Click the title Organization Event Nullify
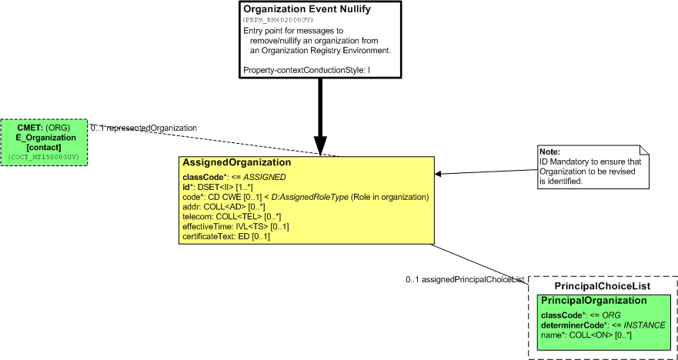click(x=307, y=9)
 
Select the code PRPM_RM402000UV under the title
click(x=278, y=20)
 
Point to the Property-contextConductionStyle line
click(x=307, y=69)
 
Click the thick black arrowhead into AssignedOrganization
click(x=320, y=146)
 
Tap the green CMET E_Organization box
click(x=44, y=142)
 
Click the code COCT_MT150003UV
click(x=44, y=158)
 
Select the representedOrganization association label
click(x=144, y=128)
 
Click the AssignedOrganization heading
click(x=236, y=162)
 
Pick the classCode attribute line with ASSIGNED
click(x=235, y=177)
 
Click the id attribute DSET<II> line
click(x=218, y=187)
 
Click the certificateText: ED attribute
click(x=226, y=237)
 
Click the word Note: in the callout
click(x=549, y=152)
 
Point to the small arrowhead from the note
click(x=438, y=173)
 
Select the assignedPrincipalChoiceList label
click(x=465, y=279)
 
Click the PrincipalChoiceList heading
click(x=603, y=286)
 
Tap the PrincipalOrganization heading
click(x=594, y=301)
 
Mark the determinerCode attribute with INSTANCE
click(x=603, y=325)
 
